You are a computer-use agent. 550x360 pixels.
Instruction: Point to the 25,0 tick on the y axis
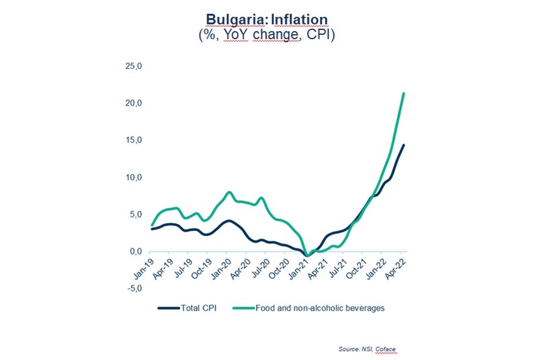click(x=134, y=65)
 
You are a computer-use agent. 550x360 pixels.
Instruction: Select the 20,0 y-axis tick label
click(x=134, y=103)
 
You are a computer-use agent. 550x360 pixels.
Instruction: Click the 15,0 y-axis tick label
click(x=134, y=140)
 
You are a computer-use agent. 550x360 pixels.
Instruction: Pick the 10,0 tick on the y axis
click(x=134, y=177)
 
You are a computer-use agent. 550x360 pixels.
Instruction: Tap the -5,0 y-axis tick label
click(x=134, y=288)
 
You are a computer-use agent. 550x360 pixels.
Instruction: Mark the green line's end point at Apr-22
click(x=403, y=93)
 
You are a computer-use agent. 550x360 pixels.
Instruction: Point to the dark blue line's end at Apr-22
click(x=403, y=145)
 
